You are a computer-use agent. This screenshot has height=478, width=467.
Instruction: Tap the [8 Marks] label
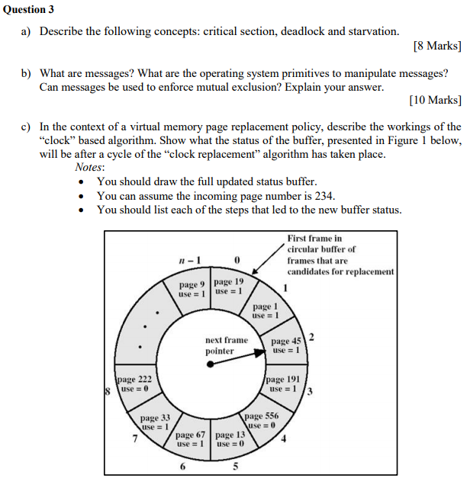436,46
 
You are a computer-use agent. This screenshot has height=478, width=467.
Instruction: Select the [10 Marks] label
434,100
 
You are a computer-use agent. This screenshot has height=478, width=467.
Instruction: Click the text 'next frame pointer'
226,345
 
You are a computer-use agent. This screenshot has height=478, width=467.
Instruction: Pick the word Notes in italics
90,167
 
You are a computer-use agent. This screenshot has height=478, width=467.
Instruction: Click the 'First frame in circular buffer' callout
340,255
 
